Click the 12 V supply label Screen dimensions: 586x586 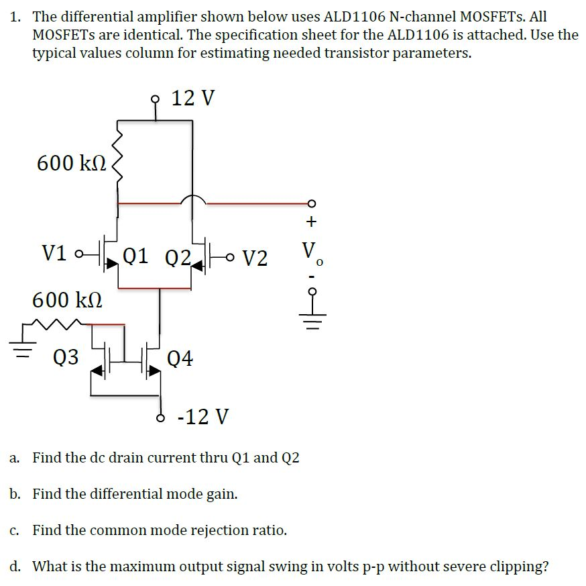[193, 98]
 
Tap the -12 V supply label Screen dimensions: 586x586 [202, 417]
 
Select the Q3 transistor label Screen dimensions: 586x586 [66, 357]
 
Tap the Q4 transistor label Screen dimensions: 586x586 [180, 358]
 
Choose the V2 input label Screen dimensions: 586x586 [255, 257]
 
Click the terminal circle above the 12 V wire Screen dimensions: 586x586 [156, 98]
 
